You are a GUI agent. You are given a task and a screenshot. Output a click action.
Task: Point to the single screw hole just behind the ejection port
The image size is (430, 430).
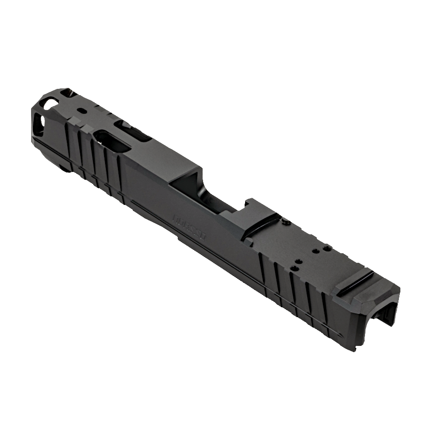(x=286, y=221)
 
